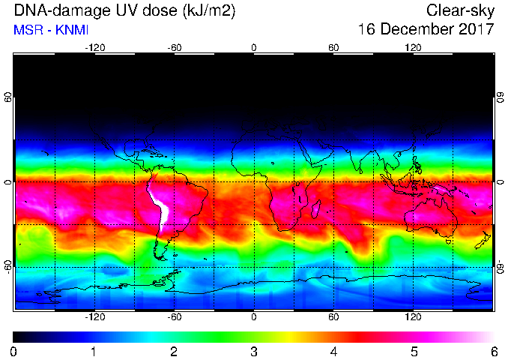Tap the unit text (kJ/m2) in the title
click(x=209, y=11)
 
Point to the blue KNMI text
click(x=72, y=30)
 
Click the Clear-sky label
click(x=460, y=11)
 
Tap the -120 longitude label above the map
click(x=95, y=48)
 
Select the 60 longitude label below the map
click(x=333, y=316)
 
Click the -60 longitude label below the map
click(x=175, y=316)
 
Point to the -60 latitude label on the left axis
click(x=7, y=267)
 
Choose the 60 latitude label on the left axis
click(x=7, y=97)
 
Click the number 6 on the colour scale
click(x=494, y=352)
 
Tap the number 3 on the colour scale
click(x=254, y=352)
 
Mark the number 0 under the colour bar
click(x=13, y=352)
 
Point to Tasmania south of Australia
click(x=449, y=241)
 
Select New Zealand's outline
click(x=483, y=240)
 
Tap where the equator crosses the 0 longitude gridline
click(x=254, y=182)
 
